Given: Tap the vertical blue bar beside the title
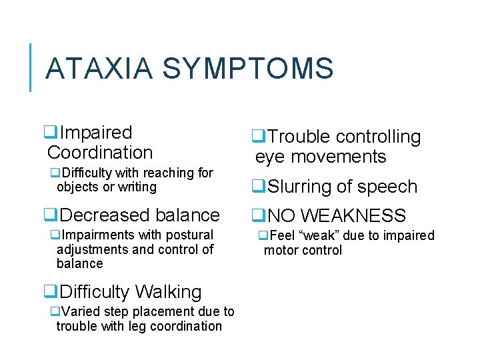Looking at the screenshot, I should coord(31,67).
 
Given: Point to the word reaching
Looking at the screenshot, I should coord(151,173).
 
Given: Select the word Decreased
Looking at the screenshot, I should coord(101,215).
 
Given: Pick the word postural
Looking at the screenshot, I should coord(191,235).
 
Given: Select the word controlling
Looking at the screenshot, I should coord(378,137).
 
